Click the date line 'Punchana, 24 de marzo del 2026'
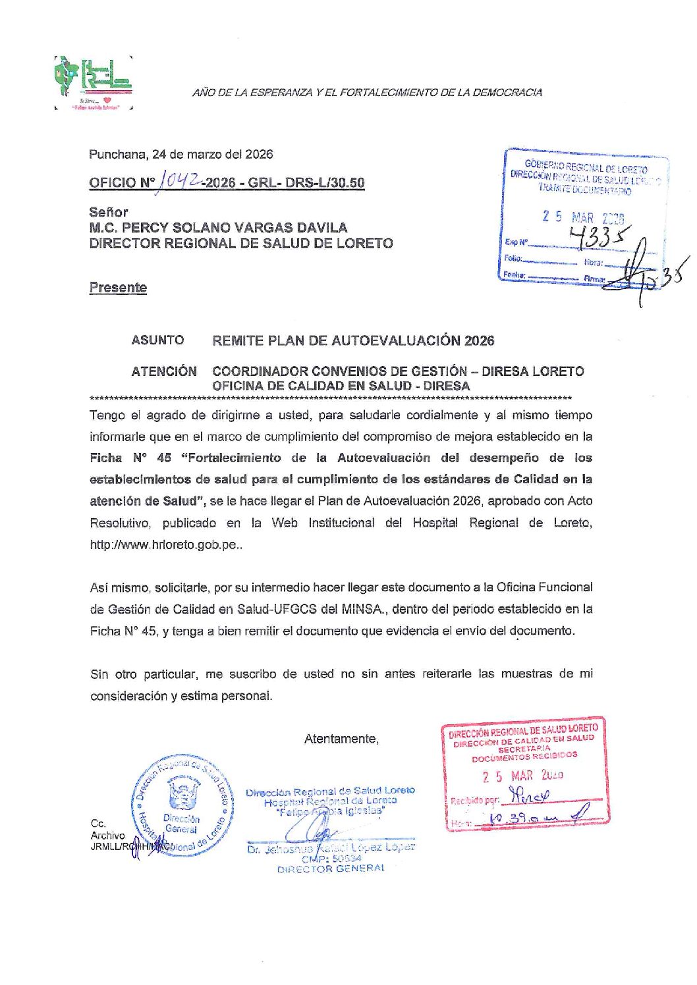click(x=181, y=155)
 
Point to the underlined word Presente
click(x=118, y=288)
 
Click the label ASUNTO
click(x=157, y=340)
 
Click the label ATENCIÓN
click(x=164, y=371)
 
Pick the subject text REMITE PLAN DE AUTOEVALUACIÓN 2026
click(x=353, y=340)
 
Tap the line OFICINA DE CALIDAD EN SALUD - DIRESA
click(x=341, y=386)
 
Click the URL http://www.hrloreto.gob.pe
click(x=164, y=545)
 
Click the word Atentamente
click(x=341, y=739)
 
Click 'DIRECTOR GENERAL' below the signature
click(x=331, y=869)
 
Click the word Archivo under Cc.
click(x=107, y=836)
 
